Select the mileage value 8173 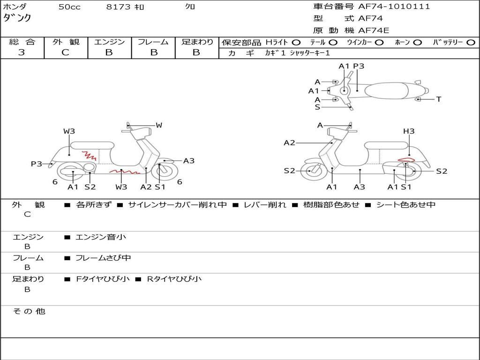tap(119, 7)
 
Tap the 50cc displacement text tap(69, 7)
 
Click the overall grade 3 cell tap(22, 52)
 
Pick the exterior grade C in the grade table tap(65, 52)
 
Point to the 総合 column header tap(22, 42)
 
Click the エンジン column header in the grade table tap(109, 42)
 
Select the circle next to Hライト tap(296, 43)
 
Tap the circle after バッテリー tap(471, 43)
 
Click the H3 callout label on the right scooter tap(409, 131)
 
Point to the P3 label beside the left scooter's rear tap(37, 164)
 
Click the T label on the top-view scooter tap(438, 99)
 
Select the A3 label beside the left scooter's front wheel tap(188, 161)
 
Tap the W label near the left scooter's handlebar tap(159, 125)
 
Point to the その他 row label tap(28, 311)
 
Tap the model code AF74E tap(374, 30)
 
